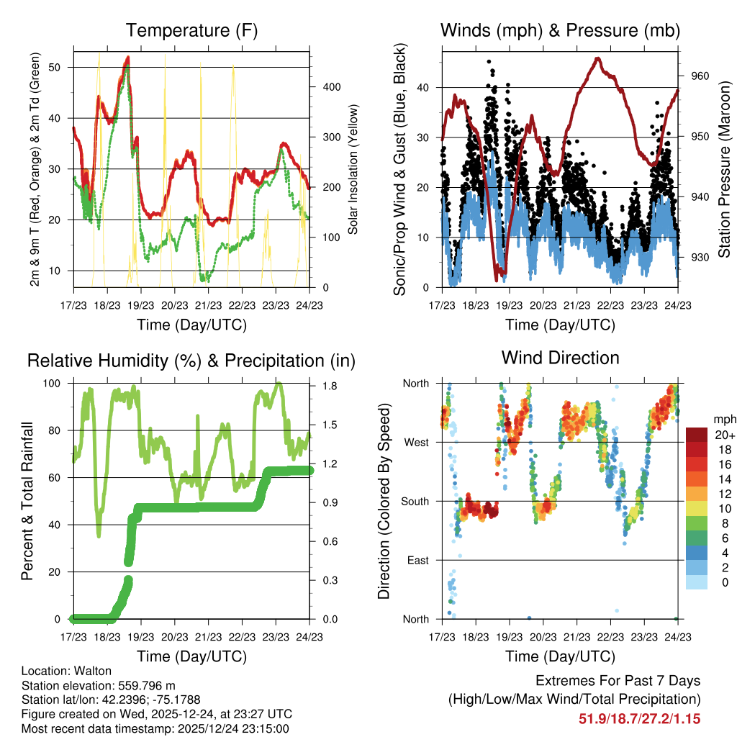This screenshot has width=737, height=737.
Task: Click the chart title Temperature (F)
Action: (x=191, y=30)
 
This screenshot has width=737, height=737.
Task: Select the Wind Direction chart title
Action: (x=560, y=357)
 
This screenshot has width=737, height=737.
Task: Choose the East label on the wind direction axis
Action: (x=417, y=560)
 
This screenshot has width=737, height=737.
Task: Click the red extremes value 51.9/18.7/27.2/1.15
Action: (x=639, y=718)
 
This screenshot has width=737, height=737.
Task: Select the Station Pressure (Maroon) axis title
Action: (x=724, y=167)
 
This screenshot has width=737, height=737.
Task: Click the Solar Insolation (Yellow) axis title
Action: (x=353, y=168)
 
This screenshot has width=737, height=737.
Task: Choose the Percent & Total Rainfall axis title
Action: (x=27, y=502)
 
